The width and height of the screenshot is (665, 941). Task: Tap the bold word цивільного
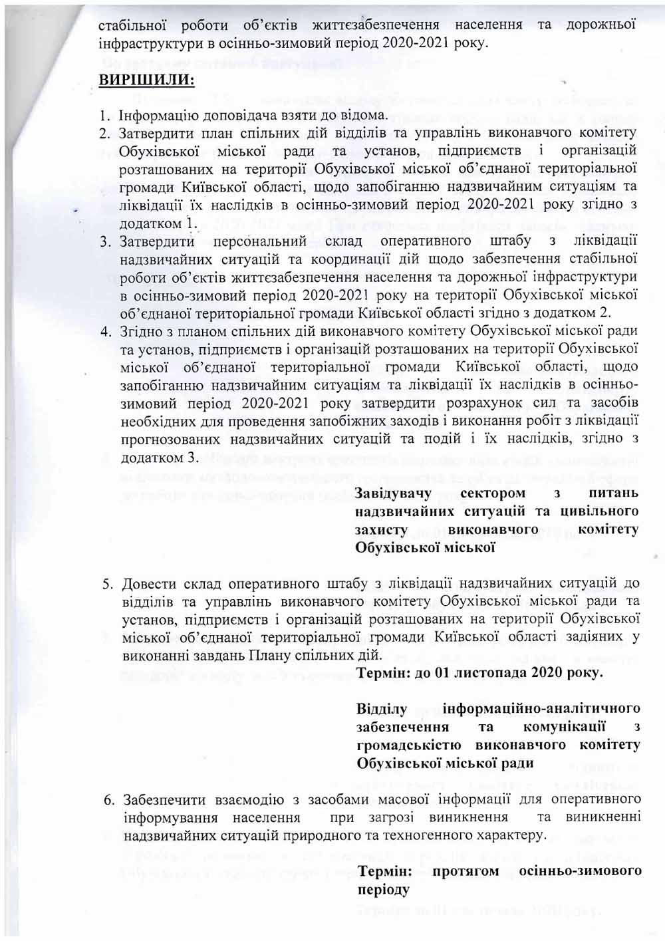point(595,511)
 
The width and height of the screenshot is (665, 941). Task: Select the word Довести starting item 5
point(148,584)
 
